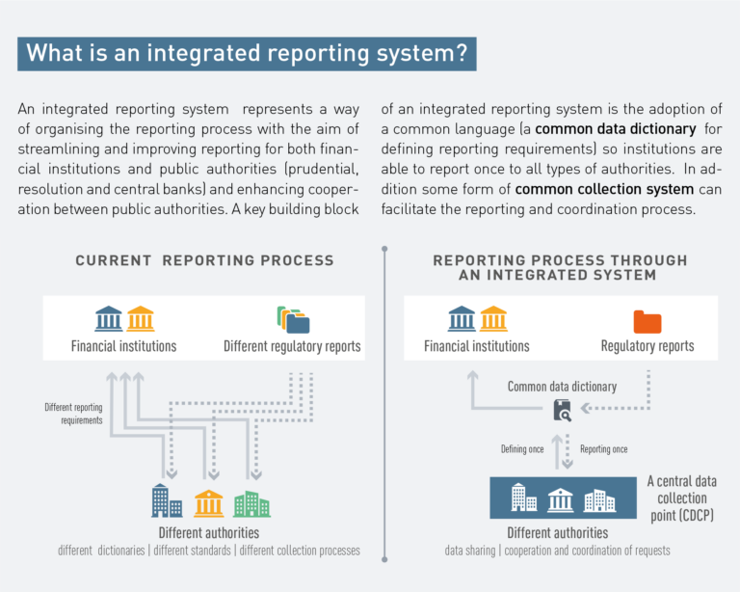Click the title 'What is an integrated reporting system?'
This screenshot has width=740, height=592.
point(247,53)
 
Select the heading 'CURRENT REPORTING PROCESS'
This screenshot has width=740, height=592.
point(204,260)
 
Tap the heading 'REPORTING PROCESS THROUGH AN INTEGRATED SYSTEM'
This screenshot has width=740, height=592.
point(560,267)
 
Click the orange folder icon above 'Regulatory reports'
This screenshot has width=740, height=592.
point(647,321)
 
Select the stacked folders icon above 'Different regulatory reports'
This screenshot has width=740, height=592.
point(292,319)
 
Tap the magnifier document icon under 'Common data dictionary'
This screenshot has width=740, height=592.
point(562,410)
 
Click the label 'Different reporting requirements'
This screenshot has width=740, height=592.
point(73,413)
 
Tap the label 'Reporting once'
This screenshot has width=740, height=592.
point(604,449)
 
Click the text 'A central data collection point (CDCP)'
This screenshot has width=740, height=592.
point(682,498)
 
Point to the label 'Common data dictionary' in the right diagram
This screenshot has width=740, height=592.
point(562,387)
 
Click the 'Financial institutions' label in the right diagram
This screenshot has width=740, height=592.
point(477,346)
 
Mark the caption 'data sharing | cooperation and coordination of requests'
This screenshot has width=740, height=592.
point(557,551)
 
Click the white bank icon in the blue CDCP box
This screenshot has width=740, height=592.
point(561,498)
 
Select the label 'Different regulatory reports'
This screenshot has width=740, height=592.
point(292,346)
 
